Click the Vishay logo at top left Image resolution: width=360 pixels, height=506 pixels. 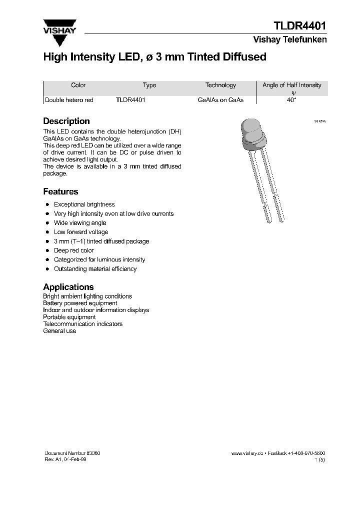(x=59, y=26)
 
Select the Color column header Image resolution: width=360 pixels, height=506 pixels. (x=78, y=85)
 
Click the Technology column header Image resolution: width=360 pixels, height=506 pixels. (x=220, y=85)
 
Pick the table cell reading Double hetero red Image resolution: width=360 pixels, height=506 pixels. (x=69, y=100)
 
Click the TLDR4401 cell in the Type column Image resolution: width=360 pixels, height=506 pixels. (x=130, y=100)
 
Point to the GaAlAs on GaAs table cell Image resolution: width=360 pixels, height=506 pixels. (x=220, y=100)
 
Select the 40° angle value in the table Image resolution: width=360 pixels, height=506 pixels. (x=291, y=100)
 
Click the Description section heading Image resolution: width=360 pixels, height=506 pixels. (x=66, y=121)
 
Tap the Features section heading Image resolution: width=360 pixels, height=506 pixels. (x=60, y=191)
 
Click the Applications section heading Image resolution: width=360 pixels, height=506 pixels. (x=68, y=287)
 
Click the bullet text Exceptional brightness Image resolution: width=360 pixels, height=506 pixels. (x=84, y=204)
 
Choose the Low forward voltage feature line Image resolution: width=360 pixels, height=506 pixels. (x=81, y=232)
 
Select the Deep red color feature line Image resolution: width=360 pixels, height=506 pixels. (x=74, y=250)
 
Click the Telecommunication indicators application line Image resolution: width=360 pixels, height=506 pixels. (x=82, y=324)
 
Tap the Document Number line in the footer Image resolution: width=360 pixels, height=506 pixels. (x=72, y=453)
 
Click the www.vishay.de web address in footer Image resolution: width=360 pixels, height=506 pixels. (x=247, y=453)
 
